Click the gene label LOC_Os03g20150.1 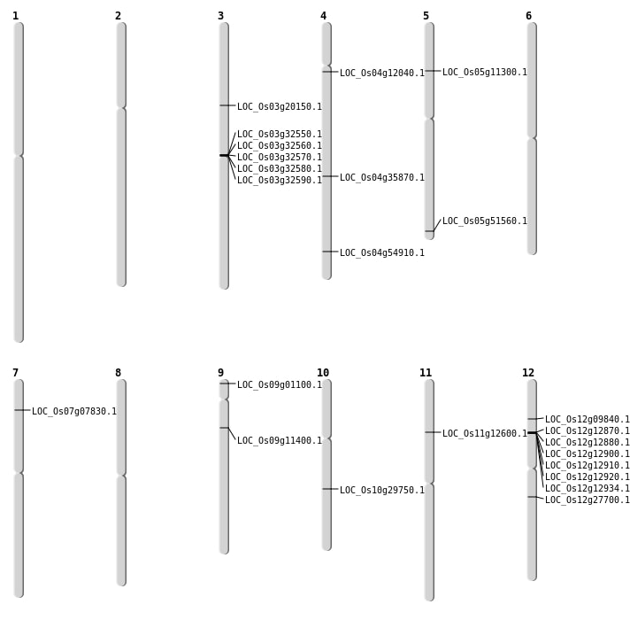(279, 107)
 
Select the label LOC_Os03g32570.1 (279, 158)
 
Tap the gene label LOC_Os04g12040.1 (381, 74)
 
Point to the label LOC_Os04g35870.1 (381, 178)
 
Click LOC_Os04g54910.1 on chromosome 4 (381, 253)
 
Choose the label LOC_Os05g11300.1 (484, 73)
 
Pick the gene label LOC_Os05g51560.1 (484, 221)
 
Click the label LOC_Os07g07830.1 (73, 412)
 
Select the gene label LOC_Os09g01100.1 (279, 385)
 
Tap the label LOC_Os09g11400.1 (279, 441)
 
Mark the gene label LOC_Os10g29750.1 (381, 491)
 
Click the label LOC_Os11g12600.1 (484, 434)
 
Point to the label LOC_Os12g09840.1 (587, 420)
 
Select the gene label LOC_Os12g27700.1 (587, 500)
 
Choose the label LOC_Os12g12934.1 (587, 489)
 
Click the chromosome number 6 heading (528, 16)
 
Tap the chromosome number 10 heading (323, 373)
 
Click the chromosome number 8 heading (118, 373)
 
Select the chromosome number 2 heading (118, 16)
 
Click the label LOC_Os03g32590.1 (279, 181)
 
